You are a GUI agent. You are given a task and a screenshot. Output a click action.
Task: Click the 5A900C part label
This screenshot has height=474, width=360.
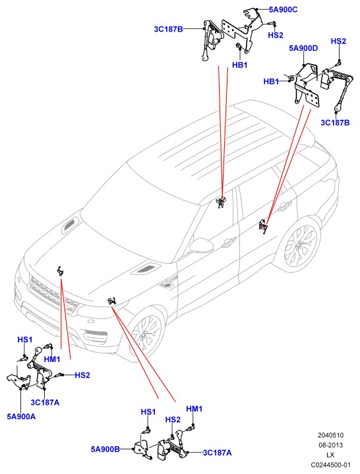[x=284, y=10]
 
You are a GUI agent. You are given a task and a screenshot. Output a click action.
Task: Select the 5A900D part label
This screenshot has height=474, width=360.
[x=303, y=48]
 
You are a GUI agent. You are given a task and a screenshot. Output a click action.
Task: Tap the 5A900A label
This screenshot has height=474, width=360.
[x=21, y=417]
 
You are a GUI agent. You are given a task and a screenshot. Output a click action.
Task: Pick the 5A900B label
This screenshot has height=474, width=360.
[x=105, y=449]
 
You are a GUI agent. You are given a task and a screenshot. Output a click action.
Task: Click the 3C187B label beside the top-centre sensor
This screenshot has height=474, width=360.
[x=168, y=29]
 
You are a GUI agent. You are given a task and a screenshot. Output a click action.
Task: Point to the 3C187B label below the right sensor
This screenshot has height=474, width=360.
[x=335, y=123]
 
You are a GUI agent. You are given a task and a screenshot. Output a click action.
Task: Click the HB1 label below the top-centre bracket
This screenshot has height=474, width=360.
[x=240, y=65]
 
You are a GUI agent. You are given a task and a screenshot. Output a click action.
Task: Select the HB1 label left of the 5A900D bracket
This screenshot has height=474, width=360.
[x=271, y=82]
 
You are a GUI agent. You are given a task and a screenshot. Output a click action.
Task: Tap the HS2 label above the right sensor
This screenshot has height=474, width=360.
[x=338, y=41]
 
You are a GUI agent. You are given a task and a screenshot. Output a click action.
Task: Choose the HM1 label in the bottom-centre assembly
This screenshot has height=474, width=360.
[x=194, y=409]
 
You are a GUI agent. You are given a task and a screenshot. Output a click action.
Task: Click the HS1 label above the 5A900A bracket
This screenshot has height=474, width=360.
[x=25, y=340]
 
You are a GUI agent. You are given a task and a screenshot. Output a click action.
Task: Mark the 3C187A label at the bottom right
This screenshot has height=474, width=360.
[x=218, y=452]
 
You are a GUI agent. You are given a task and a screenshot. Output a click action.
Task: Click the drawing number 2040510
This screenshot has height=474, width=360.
[x=330, y=435]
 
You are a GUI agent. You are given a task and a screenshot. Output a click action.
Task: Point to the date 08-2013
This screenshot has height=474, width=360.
[x=330, y=445]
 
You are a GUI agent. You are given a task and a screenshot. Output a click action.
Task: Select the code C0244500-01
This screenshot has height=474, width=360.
[x=330, y=465]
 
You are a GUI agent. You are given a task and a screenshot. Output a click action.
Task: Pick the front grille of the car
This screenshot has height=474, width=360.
[x=53, y=295]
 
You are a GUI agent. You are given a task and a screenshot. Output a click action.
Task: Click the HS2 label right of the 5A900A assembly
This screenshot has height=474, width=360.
[x=82, y=375]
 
